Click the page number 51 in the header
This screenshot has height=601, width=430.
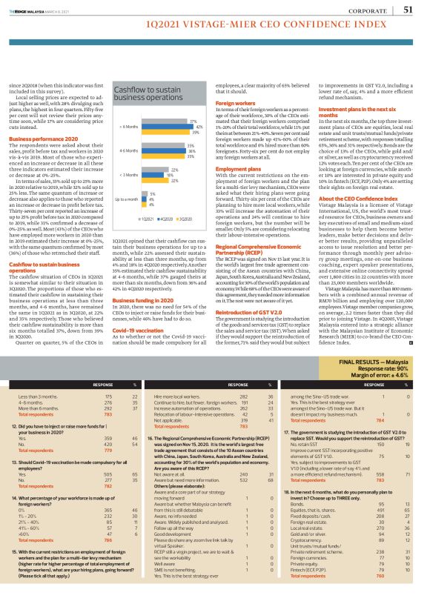408,10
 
